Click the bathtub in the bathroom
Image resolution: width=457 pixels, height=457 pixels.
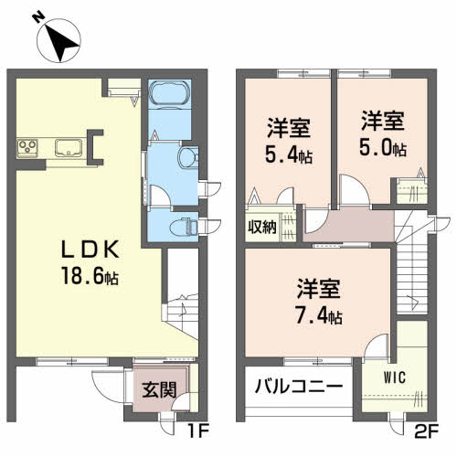tap(167, 96)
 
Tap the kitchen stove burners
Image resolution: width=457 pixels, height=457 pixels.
tap(27, 146)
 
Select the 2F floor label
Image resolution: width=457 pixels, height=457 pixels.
tap(427, 429)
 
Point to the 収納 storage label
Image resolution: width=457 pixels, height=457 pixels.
tap(261, 227)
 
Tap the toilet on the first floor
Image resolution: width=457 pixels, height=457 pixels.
tap(185, 225)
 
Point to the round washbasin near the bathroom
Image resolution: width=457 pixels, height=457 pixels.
tap(188, 156)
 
